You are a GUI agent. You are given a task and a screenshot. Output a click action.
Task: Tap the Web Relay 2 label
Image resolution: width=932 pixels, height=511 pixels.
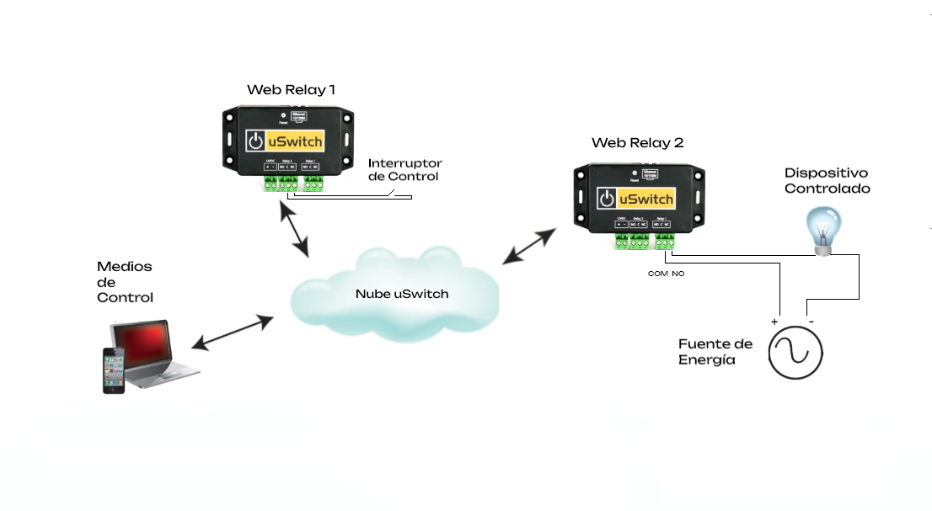[637, 143]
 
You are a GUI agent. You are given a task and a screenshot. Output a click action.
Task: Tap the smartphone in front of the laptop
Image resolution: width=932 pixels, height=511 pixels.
[115, 370]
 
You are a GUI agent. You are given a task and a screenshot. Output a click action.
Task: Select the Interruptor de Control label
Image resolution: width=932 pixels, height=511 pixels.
[405, 169]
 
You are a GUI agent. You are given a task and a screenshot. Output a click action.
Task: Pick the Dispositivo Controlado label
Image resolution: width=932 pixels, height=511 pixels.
[827, 181]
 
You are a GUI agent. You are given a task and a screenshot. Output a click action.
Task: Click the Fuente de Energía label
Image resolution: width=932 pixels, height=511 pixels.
[715, 352]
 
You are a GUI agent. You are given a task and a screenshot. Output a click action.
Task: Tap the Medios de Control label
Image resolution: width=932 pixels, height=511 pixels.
[125, 282]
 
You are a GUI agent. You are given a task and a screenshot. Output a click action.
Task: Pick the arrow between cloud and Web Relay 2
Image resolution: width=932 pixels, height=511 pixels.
[530, 244]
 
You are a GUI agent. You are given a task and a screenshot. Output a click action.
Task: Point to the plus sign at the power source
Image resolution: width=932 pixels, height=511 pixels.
[774, 322]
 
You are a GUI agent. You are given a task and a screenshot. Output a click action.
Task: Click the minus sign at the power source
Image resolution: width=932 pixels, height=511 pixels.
[810, 322]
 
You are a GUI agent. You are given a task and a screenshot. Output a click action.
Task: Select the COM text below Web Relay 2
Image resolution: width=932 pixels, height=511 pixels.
[657, 274]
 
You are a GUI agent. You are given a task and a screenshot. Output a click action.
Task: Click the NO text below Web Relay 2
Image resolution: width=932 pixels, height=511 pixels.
[678, 274]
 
